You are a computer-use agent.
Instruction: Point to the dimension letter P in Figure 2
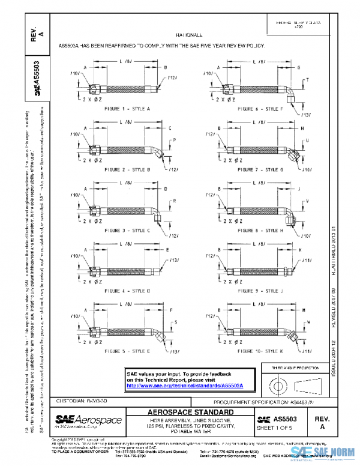(x=174, y=140)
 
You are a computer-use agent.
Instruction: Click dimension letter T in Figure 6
(x=307, y=80)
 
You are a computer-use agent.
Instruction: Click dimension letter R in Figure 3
(x=174, y=200)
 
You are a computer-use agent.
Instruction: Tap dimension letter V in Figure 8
(x=307, y=200)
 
